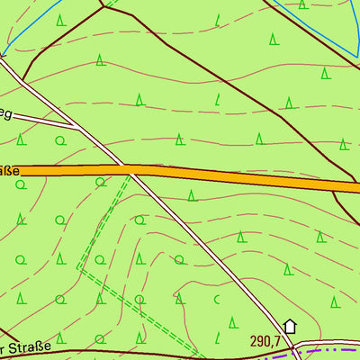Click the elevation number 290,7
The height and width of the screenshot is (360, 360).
[266, 342]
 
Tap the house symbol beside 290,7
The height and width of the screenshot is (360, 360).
[290, 327]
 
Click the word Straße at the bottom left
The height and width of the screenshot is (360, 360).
[18, 347]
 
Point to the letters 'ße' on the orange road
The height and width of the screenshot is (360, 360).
[9, 169]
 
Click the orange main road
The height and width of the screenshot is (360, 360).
[225, 177]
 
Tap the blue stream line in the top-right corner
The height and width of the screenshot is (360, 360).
[315, 27]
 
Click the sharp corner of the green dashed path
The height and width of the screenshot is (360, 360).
[78, 269]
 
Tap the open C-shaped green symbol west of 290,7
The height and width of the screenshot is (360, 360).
[216, 299]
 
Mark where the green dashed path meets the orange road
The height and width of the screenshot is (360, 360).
[129, 175]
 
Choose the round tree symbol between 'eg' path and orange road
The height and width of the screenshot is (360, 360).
[60, 141]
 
